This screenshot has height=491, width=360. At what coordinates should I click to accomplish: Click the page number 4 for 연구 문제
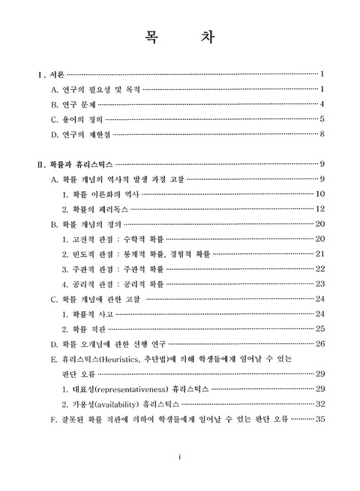322,104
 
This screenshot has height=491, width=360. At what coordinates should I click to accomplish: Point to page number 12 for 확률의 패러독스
319,208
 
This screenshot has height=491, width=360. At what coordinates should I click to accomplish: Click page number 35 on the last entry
319,418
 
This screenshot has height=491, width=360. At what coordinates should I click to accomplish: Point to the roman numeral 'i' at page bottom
180,457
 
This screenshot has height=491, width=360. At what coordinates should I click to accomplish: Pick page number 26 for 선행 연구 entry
319,344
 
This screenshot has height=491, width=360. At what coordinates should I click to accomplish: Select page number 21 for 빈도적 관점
319,254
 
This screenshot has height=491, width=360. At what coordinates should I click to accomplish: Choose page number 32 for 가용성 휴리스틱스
319,403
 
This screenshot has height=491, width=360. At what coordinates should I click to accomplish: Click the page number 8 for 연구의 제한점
322,134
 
